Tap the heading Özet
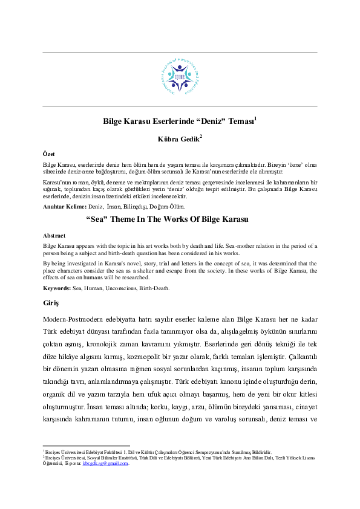[x=49, y=154]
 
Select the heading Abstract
[x=54, y=235]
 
